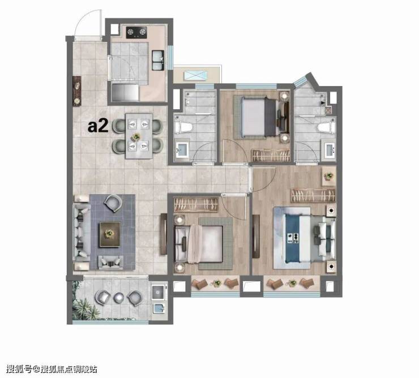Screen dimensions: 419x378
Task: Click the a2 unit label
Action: click(x=98, y=126)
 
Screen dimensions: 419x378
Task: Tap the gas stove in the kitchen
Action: click(x=136, y=32)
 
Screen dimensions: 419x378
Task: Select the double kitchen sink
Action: click(x=158, y=61)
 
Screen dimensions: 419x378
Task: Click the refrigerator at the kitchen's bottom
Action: click(x=125, y=92)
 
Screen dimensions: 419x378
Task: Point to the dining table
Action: click(x=139, y=136)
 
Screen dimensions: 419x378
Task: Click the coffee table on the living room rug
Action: click(x=110, y=234)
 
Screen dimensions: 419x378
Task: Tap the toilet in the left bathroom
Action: click(x=183, y=127)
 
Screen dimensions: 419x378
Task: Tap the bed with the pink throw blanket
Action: click(x=199, y=244)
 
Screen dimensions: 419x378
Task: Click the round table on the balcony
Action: click(x=119, y=298)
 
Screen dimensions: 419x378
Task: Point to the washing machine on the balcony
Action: click(x=158, y=292)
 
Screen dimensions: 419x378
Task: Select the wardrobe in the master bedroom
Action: click(x=313, y=195)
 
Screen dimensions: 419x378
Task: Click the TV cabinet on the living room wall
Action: click(x=164, y=234)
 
